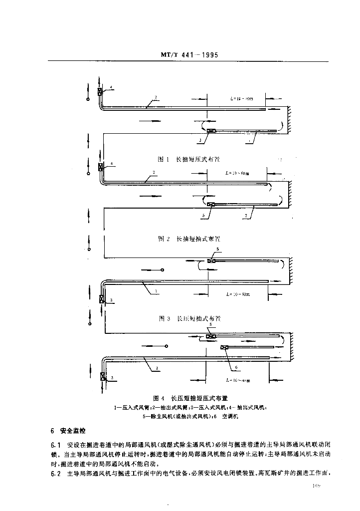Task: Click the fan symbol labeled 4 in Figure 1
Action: tap(100, 91)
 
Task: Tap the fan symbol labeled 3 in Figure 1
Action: tap(211, 131)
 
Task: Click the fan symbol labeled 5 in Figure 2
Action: tap(211, 204)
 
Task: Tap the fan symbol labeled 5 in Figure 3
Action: tap(211, 260)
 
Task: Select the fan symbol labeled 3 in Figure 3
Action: tap(102, 299)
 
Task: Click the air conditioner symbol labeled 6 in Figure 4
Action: tap(225, 347)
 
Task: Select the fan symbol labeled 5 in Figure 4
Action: tap(211, 337)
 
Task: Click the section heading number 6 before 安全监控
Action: tap(52, 430)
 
